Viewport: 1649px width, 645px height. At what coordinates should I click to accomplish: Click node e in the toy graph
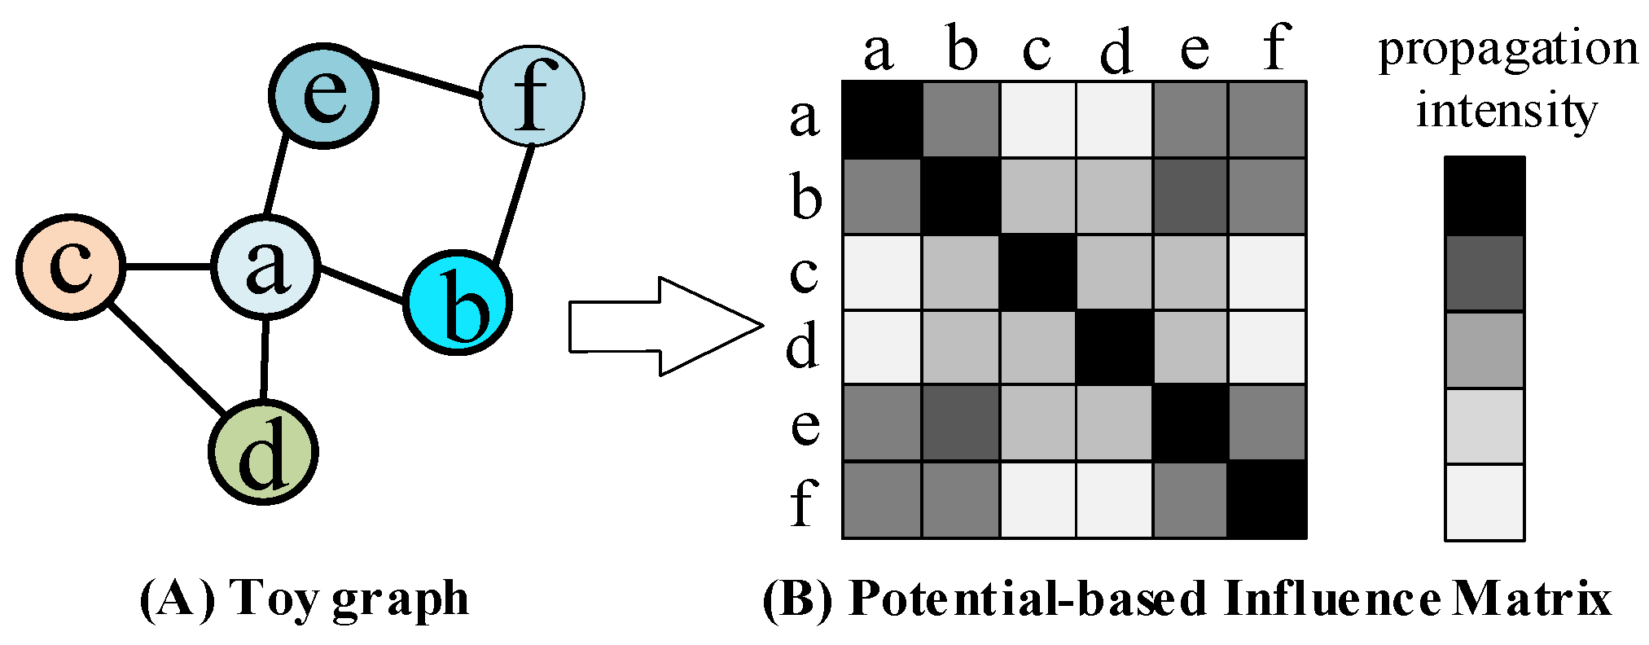(324, 95)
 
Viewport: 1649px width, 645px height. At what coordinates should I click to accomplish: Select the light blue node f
(532, 95)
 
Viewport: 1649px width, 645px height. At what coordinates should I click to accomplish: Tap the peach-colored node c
(71, 266)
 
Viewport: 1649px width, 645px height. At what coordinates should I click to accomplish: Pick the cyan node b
(458, 303)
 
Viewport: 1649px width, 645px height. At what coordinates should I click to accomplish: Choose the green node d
(263, 452)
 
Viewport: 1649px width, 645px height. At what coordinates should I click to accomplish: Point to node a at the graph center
(265, 266)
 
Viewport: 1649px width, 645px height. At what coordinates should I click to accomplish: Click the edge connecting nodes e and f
(421, 78)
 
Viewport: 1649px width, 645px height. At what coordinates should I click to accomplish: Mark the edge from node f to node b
(514, 204)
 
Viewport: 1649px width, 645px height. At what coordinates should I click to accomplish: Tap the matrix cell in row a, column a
(881, 119)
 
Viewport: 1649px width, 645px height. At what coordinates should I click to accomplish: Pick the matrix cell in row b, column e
(1190, 196)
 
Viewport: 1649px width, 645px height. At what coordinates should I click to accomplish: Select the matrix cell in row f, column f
(1266, 500)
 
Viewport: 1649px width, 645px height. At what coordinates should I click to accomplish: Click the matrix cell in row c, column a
(881, 273)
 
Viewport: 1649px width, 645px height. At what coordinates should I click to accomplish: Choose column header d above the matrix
(1115, 50)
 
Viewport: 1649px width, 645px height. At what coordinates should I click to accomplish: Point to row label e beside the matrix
(805, 424)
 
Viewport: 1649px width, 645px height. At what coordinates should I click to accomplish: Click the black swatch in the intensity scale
(1485, 195)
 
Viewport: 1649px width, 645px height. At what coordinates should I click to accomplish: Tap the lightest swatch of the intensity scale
(1485, 502)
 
